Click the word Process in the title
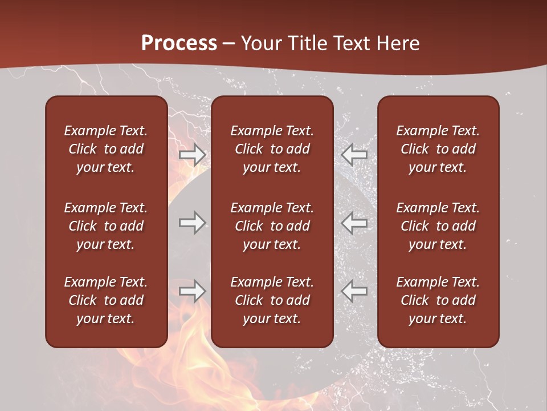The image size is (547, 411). click(x=179, y=43)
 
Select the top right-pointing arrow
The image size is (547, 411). click(x=193, y=155)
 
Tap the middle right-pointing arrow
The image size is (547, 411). click(x=193, y=223)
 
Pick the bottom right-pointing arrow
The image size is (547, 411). click(x=193, y=291)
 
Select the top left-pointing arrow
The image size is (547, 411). click(x=354, y=155)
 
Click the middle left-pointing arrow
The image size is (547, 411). click(x=354, y=223)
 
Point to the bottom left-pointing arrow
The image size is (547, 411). click(x=354, y=291)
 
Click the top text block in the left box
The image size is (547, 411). click(x=106, y=149)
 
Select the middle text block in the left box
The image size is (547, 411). click(x=106, y=226)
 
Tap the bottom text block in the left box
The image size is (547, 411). click(x=106, y=300)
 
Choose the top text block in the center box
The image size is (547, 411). click(x=272, y=149)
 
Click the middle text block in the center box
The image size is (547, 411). click(x=272, y=226)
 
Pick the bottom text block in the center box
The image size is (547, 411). click(x=272, y=300)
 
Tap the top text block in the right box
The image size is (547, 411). click(x=438, y=149)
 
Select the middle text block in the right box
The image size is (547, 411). click(x=438, y=226)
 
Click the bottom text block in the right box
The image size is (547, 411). click(x=438, y=300)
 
